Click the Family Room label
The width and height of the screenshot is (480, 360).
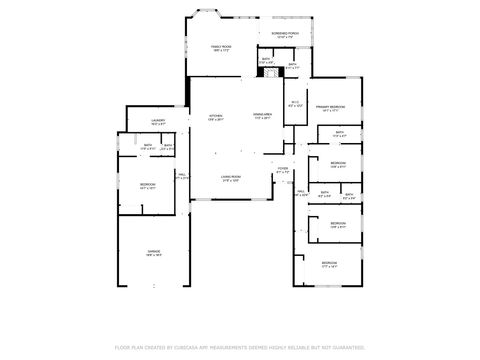[220, 48]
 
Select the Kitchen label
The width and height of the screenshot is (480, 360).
[216, 118]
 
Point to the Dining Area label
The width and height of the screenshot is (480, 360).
[263, 118]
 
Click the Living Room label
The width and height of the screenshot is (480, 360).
[231, 178]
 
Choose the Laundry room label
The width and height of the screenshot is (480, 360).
[158, 123]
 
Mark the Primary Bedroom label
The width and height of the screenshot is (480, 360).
[332, 107]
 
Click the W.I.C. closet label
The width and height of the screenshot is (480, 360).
[295, 104]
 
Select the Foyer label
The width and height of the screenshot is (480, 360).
[283, 170]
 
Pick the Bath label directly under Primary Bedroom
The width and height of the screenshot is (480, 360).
[339, 133]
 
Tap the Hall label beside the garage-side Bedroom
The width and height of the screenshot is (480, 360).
[183, 176]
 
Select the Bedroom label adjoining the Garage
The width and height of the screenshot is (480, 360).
[147, 186]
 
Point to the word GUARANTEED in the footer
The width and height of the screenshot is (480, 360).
[344, 347]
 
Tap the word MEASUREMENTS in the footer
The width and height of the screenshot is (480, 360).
[253, 347]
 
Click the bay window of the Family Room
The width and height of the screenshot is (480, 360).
[198, 16]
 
